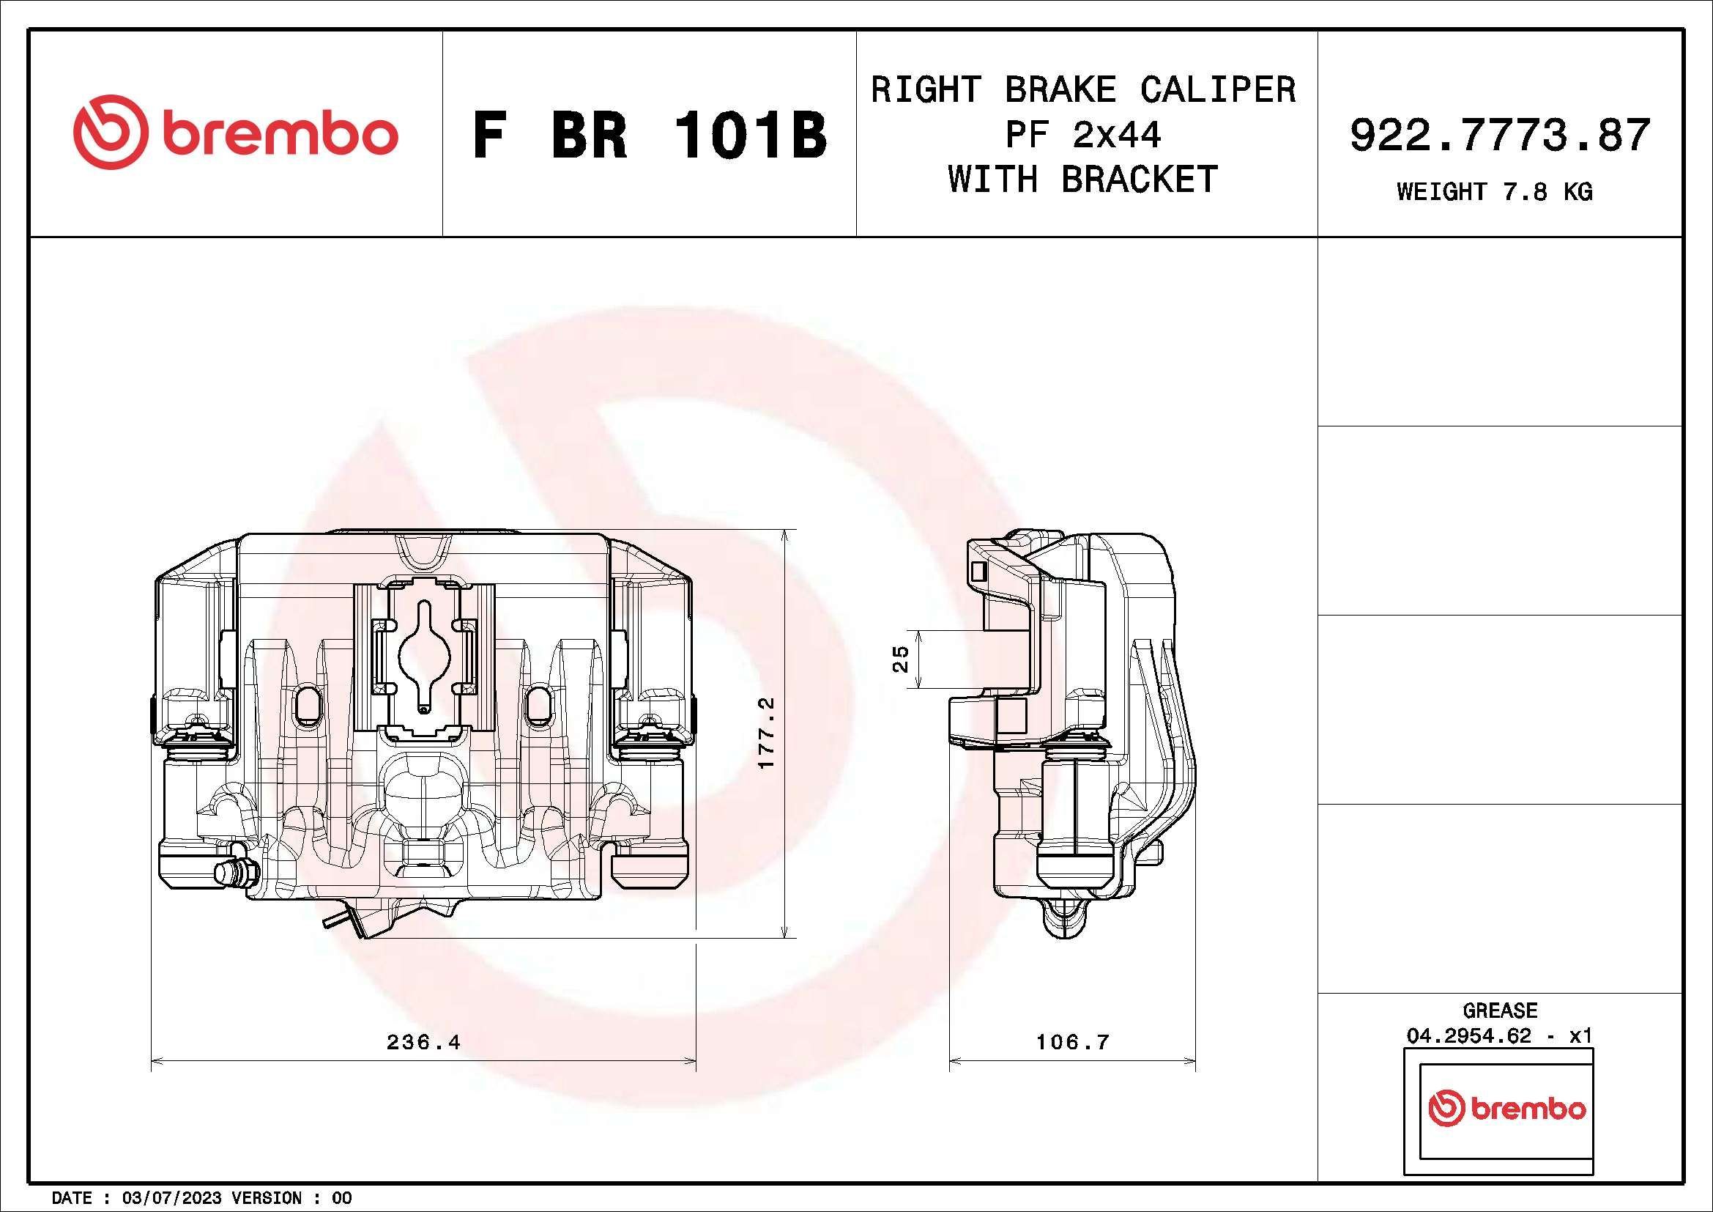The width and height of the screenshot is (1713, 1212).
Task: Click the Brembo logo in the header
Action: pyautogui.click(x=235, y=132)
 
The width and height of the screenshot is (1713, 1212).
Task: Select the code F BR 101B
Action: pyautogui.click(x=649, y=135)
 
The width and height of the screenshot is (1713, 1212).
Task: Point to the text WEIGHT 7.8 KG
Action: pyautogui.click(x=1495, y=192)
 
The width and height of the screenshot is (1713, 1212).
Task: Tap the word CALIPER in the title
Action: pyautogui.click(x=1218, y=90)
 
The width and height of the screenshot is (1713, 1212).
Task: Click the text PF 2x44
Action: pyautogui.click(x=1083, y=135)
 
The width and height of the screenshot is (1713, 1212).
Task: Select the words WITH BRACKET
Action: pyautogui.click(x=1083, y=180)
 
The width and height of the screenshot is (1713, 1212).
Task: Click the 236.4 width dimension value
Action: pyautogui.click(x=423, y=1042)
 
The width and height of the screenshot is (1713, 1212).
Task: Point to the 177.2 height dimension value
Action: pyautogui.click(x=767, y=734)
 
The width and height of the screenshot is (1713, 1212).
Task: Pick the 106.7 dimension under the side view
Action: pyautogui.click(x=1072, y=1042)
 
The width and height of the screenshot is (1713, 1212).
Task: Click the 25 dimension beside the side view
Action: pyautogui.click(x=902, y=658)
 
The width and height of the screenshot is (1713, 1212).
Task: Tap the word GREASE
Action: pyautogui.click(x=1500, y=1011)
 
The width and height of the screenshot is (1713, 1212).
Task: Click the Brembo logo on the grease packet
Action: pyautogui.click(x=1506, y=1109)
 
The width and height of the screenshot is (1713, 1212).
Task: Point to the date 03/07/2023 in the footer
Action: pyautogui.click(x=171, y=1198)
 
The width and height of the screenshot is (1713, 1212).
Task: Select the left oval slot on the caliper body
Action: pyautogui.click(x=307, y=703)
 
